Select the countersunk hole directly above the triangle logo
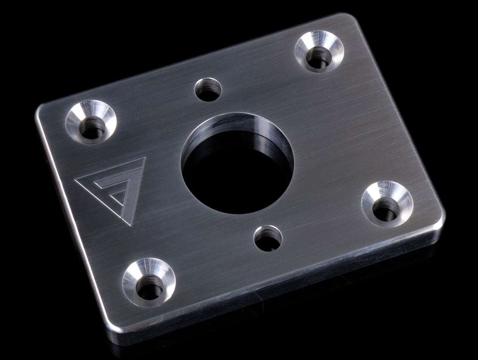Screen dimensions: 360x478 [91, 122]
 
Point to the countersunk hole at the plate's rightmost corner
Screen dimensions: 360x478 [387, 204]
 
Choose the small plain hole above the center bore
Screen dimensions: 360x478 [208, 89]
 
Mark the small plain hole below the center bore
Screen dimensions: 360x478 [268, 238]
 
